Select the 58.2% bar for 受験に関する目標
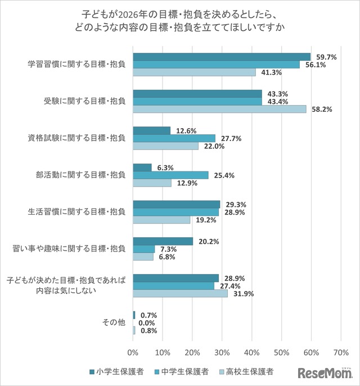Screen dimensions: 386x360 tap(219, 109)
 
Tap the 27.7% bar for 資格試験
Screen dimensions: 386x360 tap(174, 138)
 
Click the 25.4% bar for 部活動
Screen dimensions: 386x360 tap(170, 175)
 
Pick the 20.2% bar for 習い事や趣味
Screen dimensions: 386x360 tap(163, 241)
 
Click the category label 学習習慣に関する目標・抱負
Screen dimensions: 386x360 tap(76, 64)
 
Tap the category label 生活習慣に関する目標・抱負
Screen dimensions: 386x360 tap(76, 212)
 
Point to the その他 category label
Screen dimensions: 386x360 tap(114, 323)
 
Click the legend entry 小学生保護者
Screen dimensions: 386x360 tap(116, 371)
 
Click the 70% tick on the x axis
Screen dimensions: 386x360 tap(341, 353)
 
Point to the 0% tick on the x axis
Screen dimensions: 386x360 tap(133, 353)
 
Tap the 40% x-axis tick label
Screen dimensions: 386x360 tap(251, 353)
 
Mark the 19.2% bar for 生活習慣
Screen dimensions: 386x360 tap(161, 220)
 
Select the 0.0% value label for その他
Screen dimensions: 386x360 tap(147, 323)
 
